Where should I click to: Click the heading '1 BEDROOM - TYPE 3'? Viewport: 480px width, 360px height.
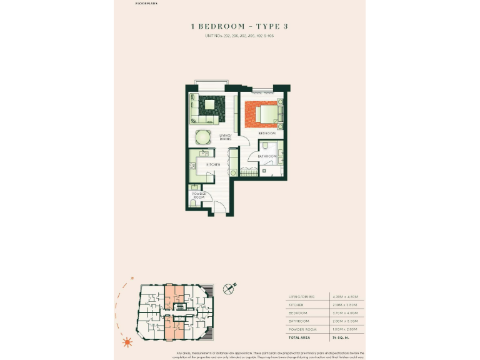(239, 26)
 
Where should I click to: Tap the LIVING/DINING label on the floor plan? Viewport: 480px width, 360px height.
(226, 137)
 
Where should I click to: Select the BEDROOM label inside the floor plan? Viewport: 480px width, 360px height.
(267, 133)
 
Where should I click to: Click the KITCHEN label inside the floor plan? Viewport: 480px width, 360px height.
(213, 164)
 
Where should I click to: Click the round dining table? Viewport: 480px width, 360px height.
(203, 137)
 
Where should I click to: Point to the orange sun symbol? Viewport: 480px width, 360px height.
(127, 342)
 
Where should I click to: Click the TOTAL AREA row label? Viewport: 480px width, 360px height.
(299, 336)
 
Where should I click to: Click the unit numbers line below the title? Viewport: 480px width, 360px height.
(239, 36)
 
